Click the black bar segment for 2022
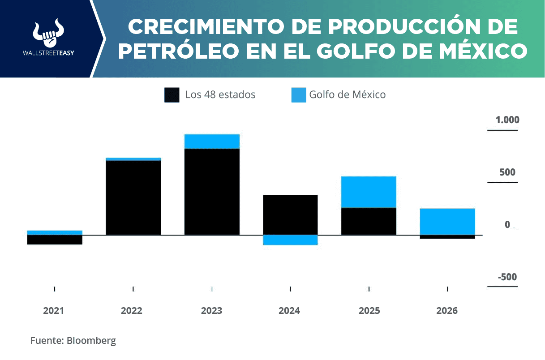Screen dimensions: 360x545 [133, 197]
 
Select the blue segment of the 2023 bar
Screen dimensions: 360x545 [212, 141]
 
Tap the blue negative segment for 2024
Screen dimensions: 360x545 [290, 240]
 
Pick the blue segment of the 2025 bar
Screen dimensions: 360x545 [369, 192]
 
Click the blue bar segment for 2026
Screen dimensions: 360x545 [447, 221]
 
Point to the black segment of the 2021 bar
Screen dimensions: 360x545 [55, 240]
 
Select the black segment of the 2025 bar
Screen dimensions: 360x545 [369, 221]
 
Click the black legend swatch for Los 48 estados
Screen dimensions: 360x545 [172, 95]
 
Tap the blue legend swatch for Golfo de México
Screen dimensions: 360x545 [299, 95]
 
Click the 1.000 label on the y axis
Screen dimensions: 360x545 [507, 120]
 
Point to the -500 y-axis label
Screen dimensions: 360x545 [507, 277]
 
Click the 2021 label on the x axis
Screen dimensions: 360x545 [54, 311]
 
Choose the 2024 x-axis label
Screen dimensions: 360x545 [289, 311]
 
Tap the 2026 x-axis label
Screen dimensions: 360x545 [447, 311]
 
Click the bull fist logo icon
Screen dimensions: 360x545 [47, 34]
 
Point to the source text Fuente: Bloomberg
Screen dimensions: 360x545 [73, 340]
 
